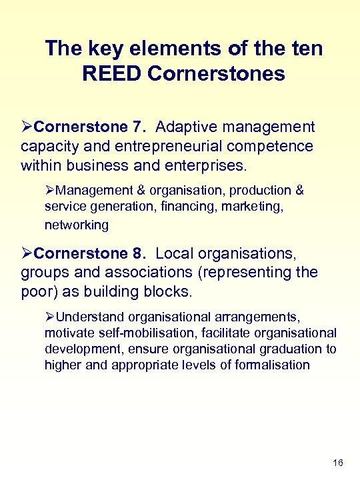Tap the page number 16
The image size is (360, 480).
[337, 463]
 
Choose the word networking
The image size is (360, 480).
[76, 225]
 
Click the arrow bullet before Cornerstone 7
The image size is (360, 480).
[27, 127]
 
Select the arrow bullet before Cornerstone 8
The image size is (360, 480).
[27, 254]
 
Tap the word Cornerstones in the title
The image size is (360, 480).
[217, 73]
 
